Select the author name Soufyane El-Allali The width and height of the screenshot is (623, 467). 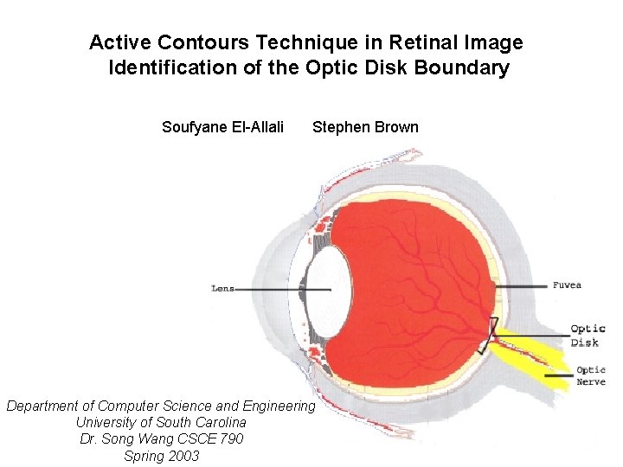pos(222,128)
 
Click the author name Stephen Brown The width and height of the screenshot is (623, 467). pos(365,128)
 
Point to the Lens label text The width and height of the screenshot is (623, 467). pos(223,289)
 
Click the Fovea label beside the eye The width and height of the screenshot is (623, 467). pos(568,285)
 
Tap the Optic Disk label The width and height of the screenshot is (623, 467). pos(587,336)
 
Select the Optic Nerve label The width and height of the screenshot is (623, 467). pos(590,376)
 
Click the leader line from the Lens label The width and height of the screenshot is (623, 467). pos(273,289)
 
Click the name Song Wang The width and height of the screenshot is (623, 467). pos(132,439)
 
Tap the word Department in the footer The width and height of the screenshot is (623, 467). pos(49,406)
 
